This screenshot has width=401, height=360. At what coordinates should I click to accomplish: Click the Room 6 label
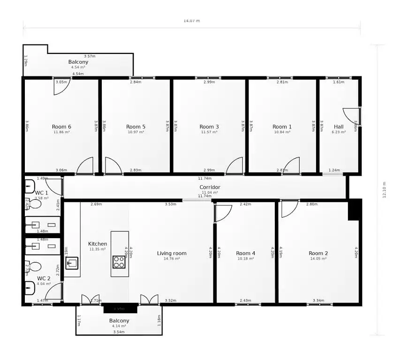tap(61, 127)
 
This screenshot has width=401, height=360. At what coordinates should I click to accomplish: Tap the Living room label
tap(172, 253)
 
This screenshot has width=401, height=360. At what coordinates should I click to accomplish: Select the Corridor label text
tap(210, 187)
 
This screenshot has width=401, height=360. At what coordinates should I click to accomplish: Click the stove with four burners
tap(119, 262)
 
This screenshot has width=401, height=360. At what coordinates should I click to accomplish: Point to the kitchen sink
tap(71, 263)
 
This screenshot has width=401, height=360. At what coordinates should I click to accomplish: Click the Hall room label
tap(339, 127)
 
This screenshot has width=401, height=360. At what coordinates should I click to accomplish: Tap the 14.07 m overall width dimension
tap(191, 21)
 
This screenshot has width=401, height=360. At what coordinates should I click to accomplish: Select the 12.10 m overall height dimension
tap(385, 190)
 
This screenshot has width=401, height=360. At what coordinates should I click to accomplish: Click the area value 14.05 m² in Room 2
tap(318, 259)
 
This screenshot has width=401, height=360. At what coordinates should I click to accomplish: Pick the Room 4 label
tap(246, 253)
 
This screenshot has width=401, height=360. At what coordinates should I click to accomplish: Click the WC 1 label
tap(41, 193)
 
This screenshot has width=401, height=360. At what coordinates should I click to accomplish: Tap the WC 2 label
tap(44, 278)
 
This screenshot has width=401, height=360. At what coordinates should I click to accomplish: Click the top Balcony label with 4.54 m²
tap(78, 62)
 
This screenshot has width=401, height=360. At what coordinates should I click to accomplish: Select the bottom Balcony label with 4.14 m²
tap(119, 321)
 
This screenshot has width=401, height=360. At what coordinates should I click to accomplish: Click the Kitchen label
tap(98, 244)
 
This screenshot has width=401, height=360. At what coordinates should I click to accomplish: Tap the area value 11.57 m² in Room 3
tap(209, 132)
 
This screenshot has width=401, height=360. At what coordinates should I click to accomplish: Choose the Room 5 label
tap(136, 127)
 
